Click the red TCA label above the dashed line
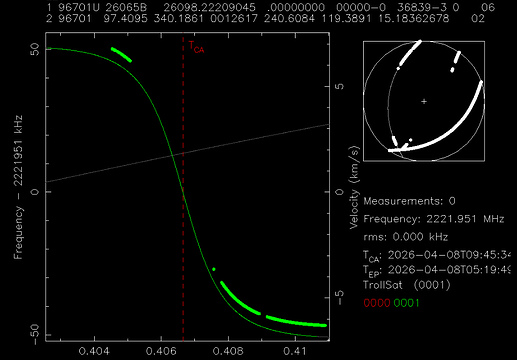pos(197,46)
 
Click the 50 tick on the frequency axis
pos(32,48)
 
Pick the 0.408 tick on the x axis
pos(228,352)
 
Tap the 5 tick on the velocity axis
pos(339,86)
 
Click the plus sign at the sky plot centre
pos(424,102)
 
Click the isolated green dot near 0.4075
pos(214,270)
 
